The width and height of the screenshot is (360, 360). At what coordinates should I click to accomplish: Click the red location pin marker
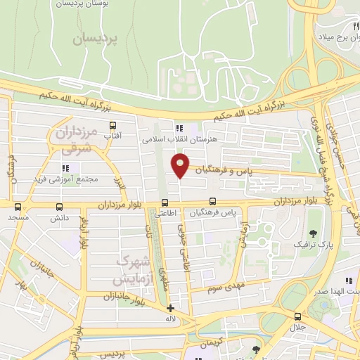click(181, 165)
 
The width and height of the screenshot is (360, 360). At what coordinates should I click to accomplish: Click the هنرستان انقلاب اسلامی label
click(177, 139)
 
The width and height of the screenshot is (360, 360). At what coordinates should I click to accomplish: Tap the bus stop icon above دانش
click(58, 207)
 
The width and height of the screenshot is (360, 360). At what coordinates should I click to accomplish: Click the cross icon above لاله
click(169, 308)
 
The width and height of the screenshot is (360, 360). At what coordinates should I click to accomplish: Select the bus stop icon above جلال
click(297, 316)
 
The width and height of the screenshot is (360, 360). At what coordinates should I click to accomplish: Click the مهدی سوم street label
click(224, 288)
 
